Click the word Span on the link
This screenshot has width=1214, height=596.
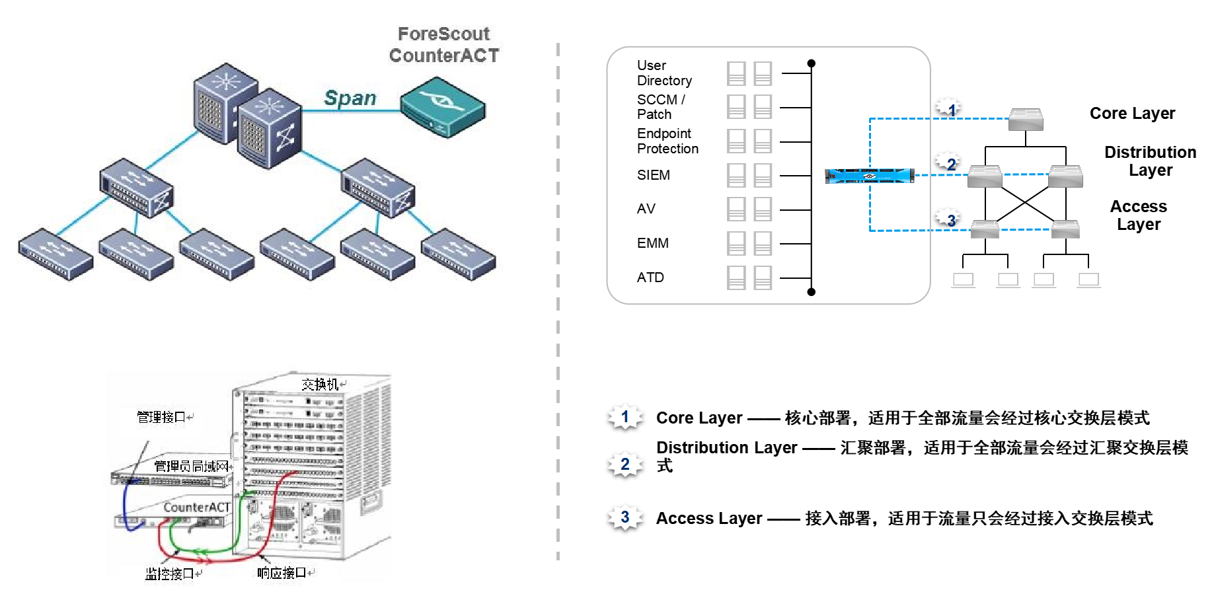click(x=350, y=98)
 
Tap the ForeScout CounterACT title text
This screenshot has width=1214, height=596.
click(x=444, y=45)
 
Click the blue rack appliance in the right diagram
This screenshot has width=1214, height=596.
click(x=869, y=176)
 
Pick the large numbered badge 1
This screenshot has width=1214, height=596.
click(x=625, y=416)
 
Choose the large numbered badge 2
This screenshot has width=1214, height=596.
click(x=625, y=464)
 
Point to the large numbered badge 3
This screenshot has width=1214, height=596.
click(x=625, y=517)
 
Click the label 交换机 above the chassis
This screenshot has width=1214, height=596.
click(x=321, y=384)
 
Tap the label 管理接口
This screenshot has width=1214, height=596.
click(x=161, y=417)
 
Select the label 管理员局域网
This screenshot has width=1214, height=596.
click(x=191, y=466)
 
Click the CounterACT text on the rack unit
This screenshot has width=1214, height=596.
click(x=196, y=507)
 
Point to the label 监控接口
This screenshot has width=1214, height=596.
click(x=170, y=574)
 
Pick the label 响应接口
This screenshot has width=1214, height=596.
click(x=282, y=573)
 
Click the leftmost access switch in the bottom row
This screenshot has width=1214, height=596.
click(x=56, y=254)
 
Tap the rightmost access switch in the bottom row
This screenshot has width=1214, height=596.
click(x=458, y=254)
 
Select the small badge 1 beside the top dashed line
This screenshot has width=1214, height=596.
click(x=948, y=106)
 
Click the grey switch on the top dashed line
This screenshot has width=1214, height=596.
click(x=1026, y=120)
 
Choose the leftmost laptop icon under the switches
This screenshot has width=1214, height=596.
click(x=963, y=280)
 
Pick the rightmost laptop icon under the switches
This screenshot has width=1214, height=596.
click(x=1088, y=280)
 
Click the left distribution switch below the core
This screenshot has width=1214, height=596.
click(x=136, y=188)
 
